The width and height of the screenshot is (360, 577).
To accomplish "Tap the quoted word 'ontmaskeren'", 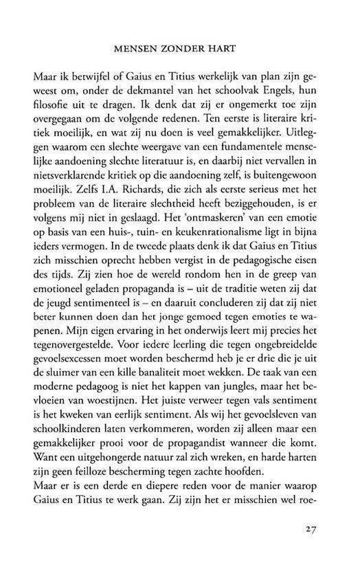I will point(216,242).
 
